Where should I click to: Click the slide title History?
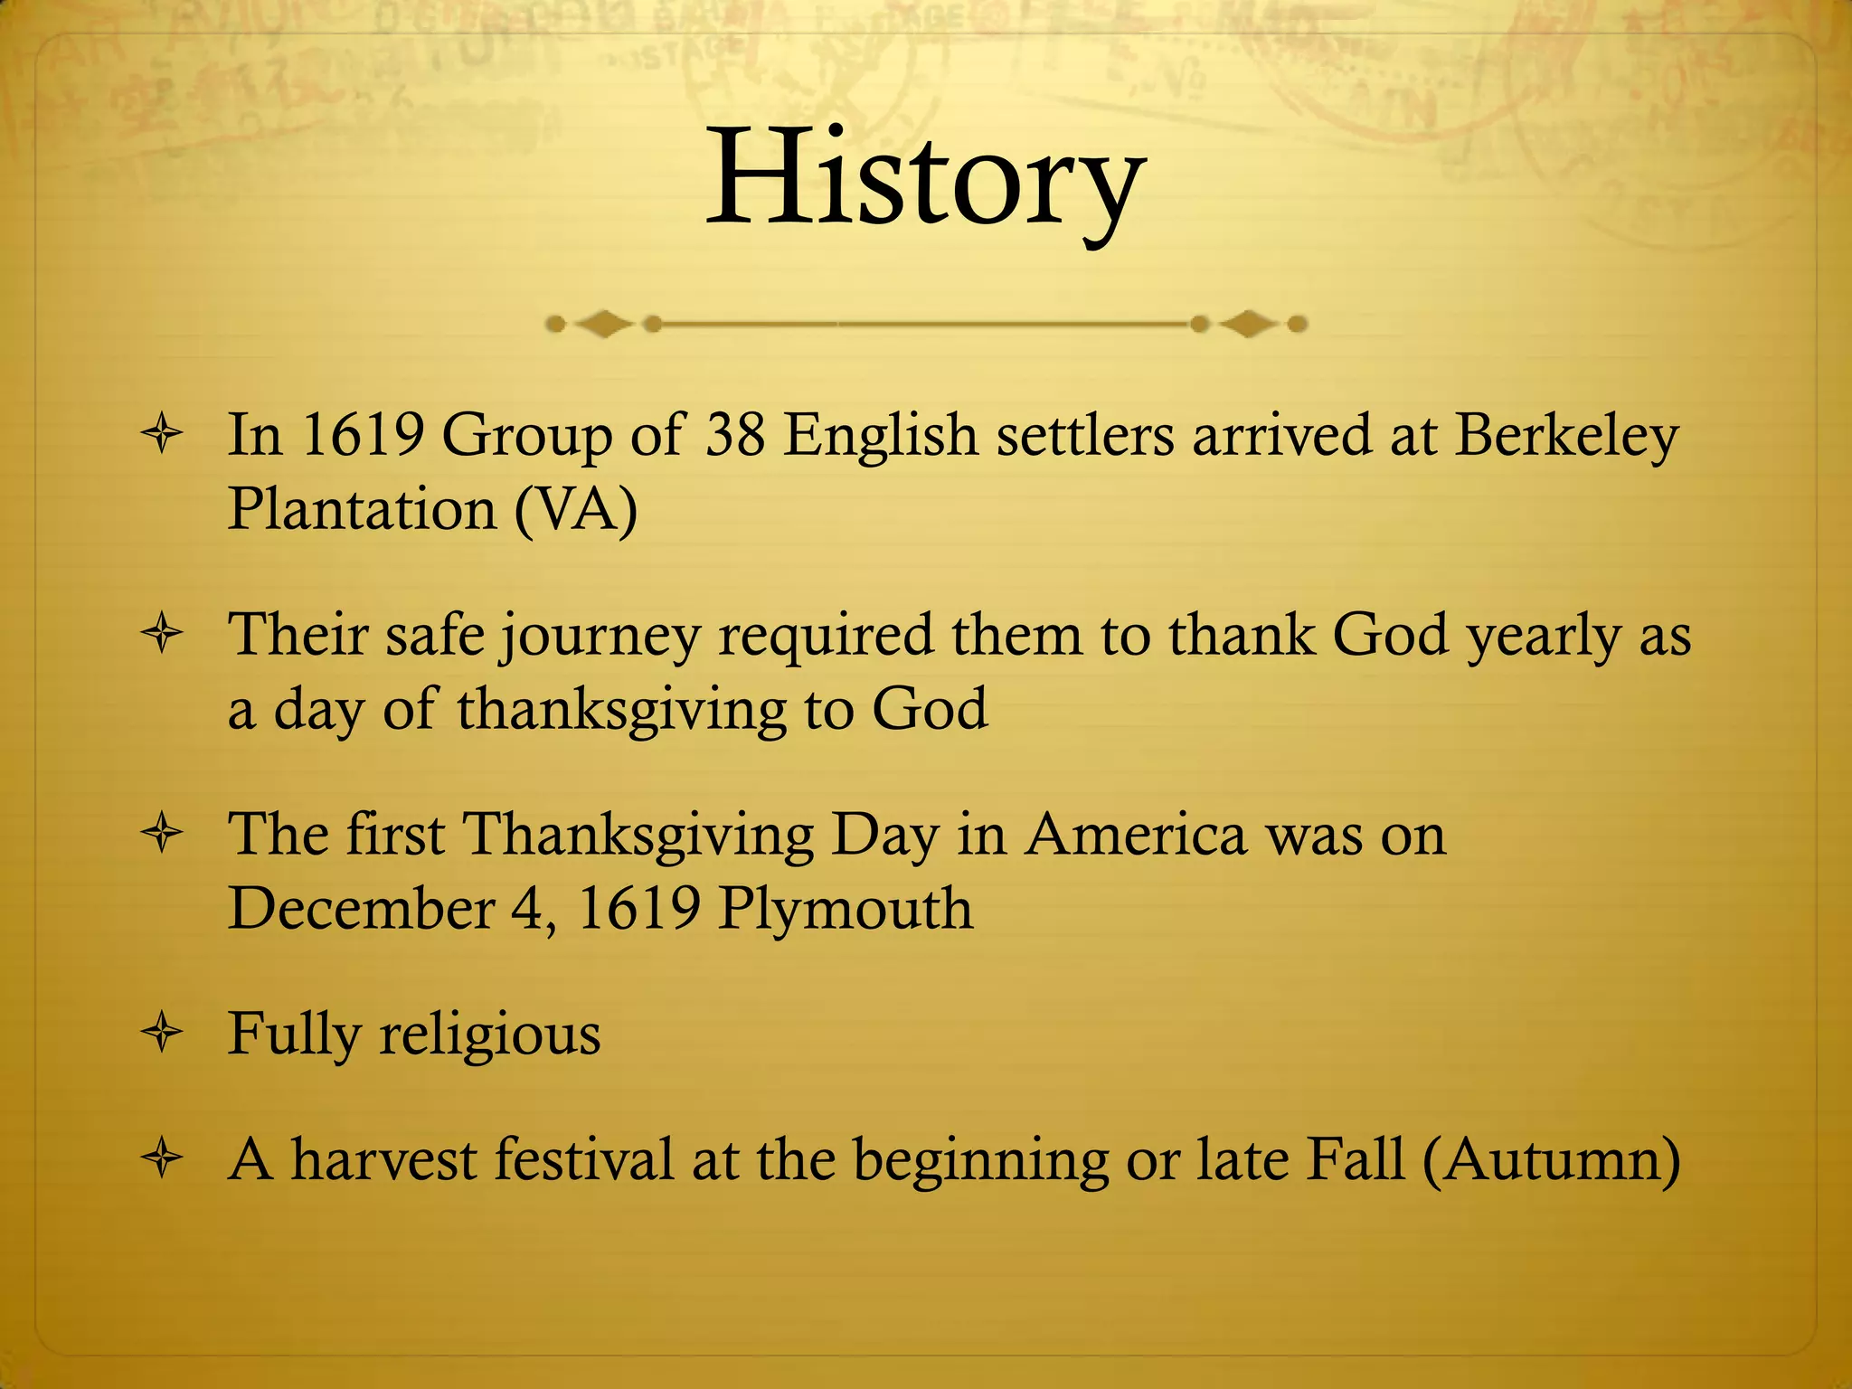coord(925,179)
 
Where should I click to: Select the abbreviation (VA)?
coord(576,509)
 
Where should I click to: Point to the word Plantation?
coord(362,509)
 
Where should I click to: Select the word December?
coord(361,909)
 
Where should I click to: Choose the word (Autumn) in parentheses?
coord(1551,1160)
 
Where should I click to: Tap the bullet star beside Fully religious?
coord(163,1034)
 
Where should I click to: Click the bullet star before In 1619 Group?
coord(163,436)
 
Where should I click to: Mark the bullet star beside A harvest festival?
coord(163,1159)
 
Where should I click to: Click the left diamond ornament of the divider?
coord(603,323)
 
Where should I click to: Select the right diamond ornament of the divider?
coord(1249,323)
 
